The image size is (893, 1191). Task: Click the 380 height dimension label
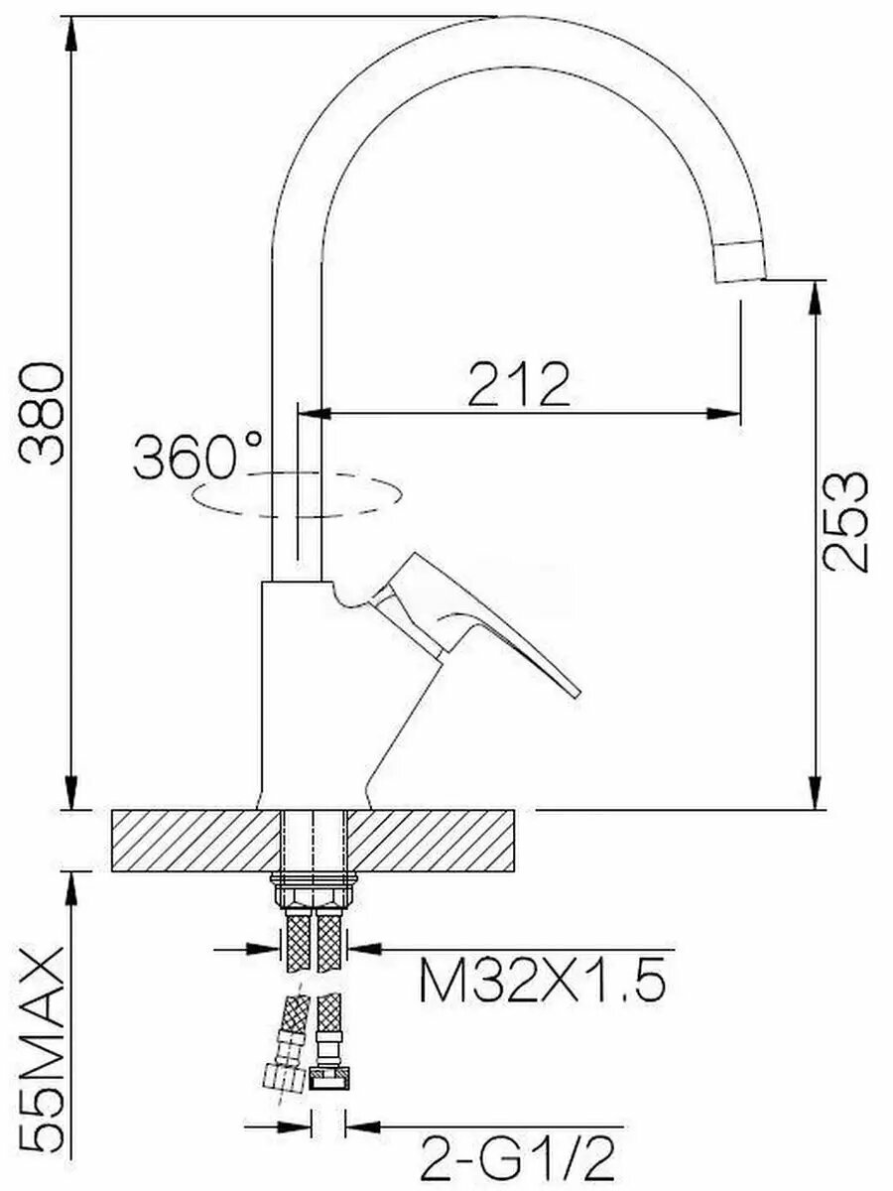pos(42,414)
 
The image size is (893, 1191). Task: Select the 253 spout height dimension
pos(844,522)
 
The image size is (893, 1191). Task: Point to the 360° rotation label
pos(196,456)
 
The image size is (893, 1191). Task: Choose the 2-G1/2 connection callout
pos(517,1155)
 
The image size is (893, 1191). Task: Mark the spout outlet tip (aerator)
pos(739,261)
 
